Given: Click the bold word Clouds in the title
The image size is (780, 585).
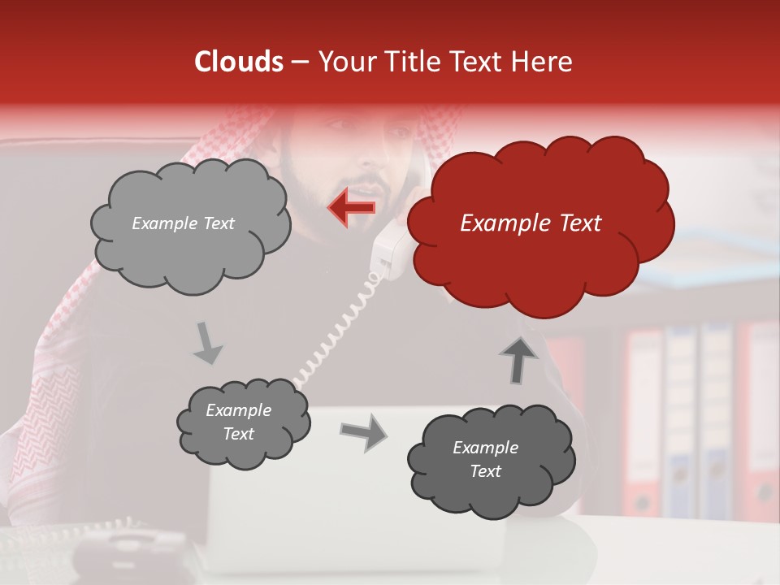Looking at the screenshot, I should [239, 62].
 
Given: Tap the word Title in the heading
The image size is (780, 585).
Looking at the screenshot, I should [416, 62].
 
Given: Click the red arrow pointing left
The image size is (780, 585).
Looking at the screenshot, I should [351, 207].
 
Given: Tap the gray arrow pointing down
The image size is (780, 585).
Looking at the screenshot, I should [208, 342].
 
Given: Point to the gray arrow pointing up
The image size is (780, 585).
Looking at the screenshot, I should [518, 358].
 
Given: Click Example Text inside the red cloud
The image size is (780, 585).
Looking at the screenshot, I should [531, 223].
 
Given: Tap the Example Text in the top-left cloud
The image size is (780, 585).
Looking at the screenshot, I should [183, 223].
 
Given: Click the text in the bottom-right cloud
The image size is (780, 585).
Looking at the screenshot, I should [485, 459].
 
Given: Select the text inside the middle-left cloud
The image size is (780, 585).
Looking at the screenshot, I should [238, 422].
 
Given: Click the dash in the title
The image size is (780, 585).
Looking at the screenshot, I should [300, 62].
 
